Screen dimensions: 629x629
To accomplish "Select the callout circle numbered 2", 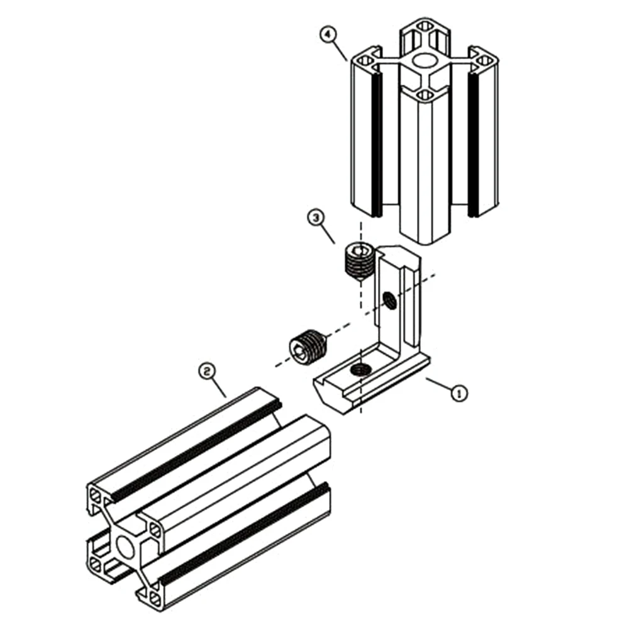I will [205, 371].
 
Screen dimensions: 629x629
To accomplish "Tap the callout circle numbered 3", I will [316, 218].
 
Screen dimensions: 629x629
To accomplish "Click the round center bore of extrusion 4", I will [425, 61].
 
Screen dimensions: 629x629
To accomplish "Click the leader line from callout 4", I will [338, 49].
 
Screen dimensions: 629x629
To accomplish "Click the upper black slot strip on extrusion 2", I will [195, 450].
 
